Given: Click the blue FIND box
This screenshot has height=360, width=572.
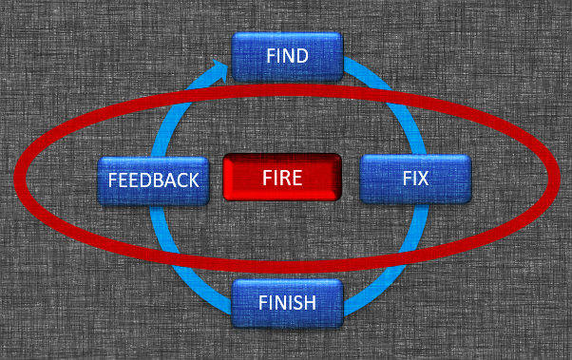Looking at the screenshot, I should pos(287,56).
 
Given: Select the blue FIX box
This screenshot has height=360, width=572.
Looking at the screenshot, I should pos(415,179).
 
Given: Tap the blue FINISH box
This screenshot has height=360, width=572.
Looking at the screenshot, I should pos(287,304).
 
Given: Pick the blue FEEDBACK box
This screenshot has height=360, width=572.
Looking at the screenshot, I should pos(154,180).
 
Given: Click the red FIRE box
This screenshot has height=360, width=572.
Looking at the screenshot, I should pos(282,177).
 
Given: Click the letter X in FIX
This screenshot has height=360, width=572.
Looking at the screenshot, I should pos(424,179).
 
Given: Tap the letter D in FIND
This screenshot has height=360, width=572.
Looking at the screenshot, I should pos(302,56).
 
